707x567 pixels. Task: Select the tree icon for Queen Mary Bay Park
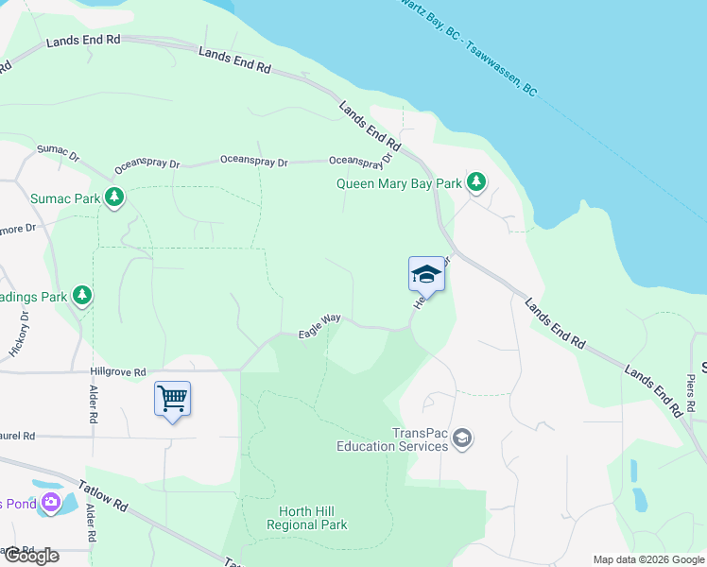(477, 182)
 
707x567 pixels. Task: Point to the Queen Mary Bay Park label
(400, 183)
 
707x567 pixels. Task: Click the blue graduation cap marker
(426, 275)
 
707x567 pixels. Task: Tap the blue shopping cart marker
(172, 399)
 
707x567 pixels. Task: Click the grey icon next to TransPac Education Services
(462, 438)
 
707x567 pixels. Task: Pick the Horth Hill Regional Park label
(306, 518)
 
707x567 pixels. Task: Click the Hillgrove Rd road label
(118, 372)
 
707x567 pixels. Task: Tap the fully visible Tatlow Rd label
(103, 492)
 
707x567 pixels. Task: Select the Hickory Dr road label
(21, 335)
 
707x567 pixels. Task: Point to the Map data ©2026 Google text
(647, 559)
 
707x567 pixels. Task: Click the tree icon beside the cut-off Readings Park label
(82, 296)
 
